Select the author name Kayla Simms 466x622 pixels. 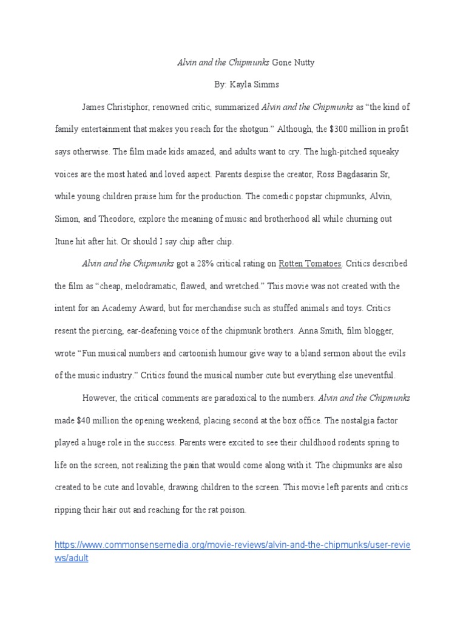[258, 84]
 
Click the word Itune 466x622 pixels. [66, 241]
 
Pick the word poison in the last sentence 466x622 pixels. [233, 510]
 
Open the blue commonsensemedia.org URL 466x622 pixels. [232, 545]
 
